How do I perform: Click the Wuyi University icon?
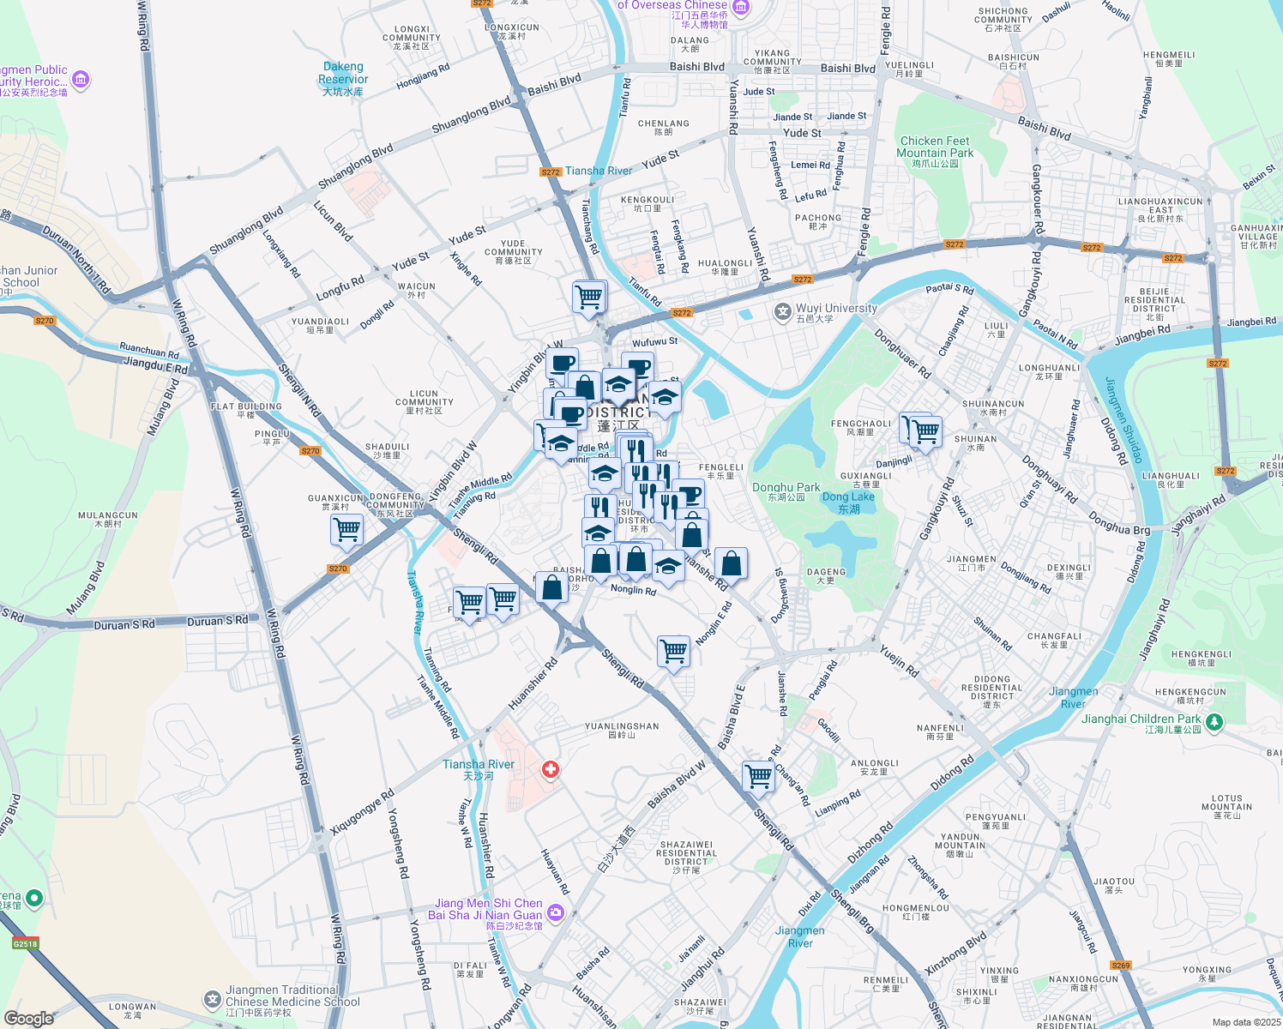point(782,312)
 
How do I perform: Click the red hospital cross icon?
point(551,770)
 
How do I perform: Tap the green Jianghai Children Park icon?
point(1214,723)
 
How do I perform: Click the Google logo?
point(29,1018)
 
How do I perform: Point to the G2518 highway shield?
point(26,944)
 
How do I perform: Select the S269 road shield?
point(1121,966)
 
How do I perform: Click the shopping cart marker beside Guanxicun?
point(347,530)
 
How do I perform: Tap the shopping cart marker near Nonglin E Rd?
point(674,651)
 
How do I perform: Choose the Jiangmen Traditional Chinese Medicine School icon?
point(212,1000)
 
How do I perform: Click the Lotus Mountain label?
point(1227,803)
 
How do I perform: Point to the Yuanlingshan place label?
point(622,730)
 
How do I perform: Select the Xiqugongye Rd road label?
point(362,812)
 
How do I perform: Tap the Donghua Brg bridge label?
point(1119,524)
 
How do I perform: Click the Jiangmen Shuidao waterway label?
point(1123,420)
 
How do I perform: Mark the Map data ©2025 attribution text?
point(1245,1022)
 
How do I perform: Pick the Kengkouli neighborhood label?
point(648,203)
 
